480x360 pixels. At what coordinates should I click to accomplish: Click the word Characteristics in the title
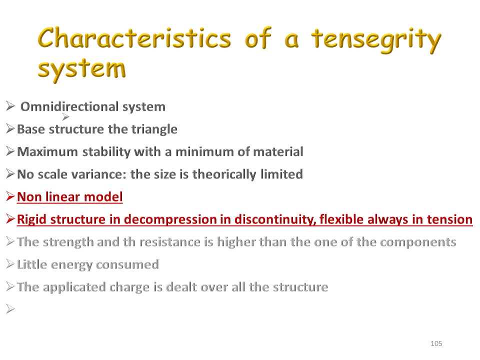point(134,38)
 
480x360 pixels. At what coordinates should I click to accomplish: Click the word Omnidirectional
point(69,106)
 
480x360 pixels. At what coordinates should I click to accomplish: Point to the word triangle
point(154,129)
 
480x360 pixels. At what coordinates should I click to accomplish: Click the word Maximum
point(47,151)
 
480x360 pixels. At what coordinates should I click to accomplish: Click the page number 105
point(436,343)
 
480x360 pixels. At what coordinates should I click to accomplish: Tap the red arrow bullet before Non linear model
point(10,196)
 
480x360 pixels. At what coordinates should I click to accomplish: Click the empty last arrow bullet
point(10,309)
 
